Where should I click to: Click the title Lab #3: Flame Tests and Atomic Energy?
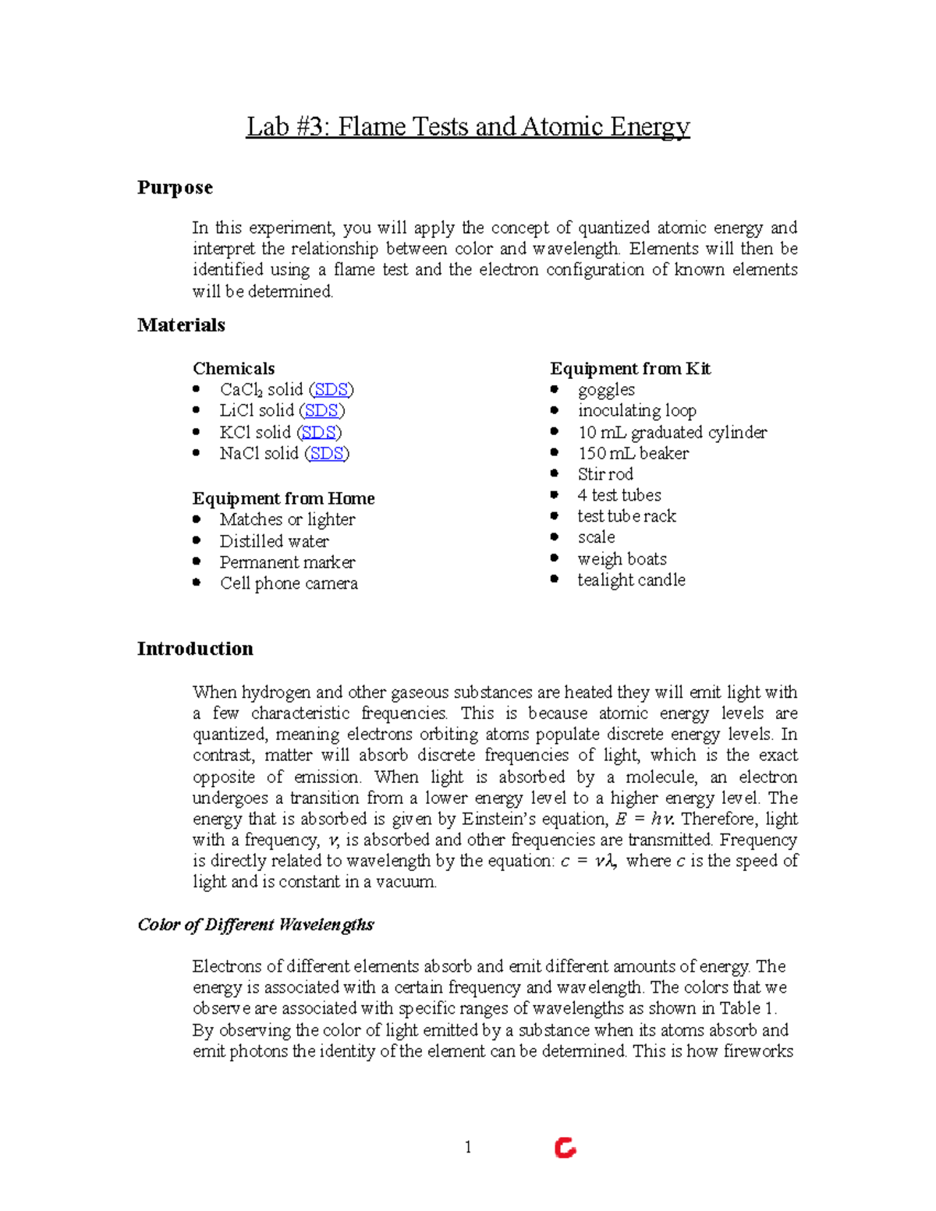(468, 126)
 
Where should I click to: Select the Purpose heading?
(175, 188)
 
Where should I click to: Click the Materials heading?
(181, 325)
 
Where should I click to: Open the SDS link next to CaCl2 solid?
(331, 390)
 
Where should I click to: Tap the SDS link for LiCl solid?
(321, 411)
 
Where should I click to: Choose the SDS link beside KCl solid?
(319, 432)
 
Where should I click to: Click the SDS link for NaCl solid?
(326, 453)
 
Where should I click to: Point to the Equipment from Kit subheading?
(629, 369)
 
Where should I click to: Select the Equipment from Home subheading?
(283, 498)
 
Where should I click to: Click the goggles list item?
(606, 390)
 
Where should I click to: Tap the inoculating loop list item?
(636, 411)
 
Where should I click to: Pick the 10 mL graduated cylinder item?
(672, 432)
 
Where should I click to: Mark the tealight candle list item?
(631, 580)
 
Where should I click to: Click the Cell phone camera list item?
(289, 583)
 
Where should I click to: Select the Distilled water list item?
(274, 541)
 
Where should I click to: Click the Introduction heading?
(195, 649)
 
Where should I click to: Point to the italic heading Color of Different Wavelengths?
(255, 925)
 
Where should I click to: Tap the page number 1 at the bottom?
(468, 1147)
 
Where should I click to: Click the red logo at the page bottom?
(565, 1148)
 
